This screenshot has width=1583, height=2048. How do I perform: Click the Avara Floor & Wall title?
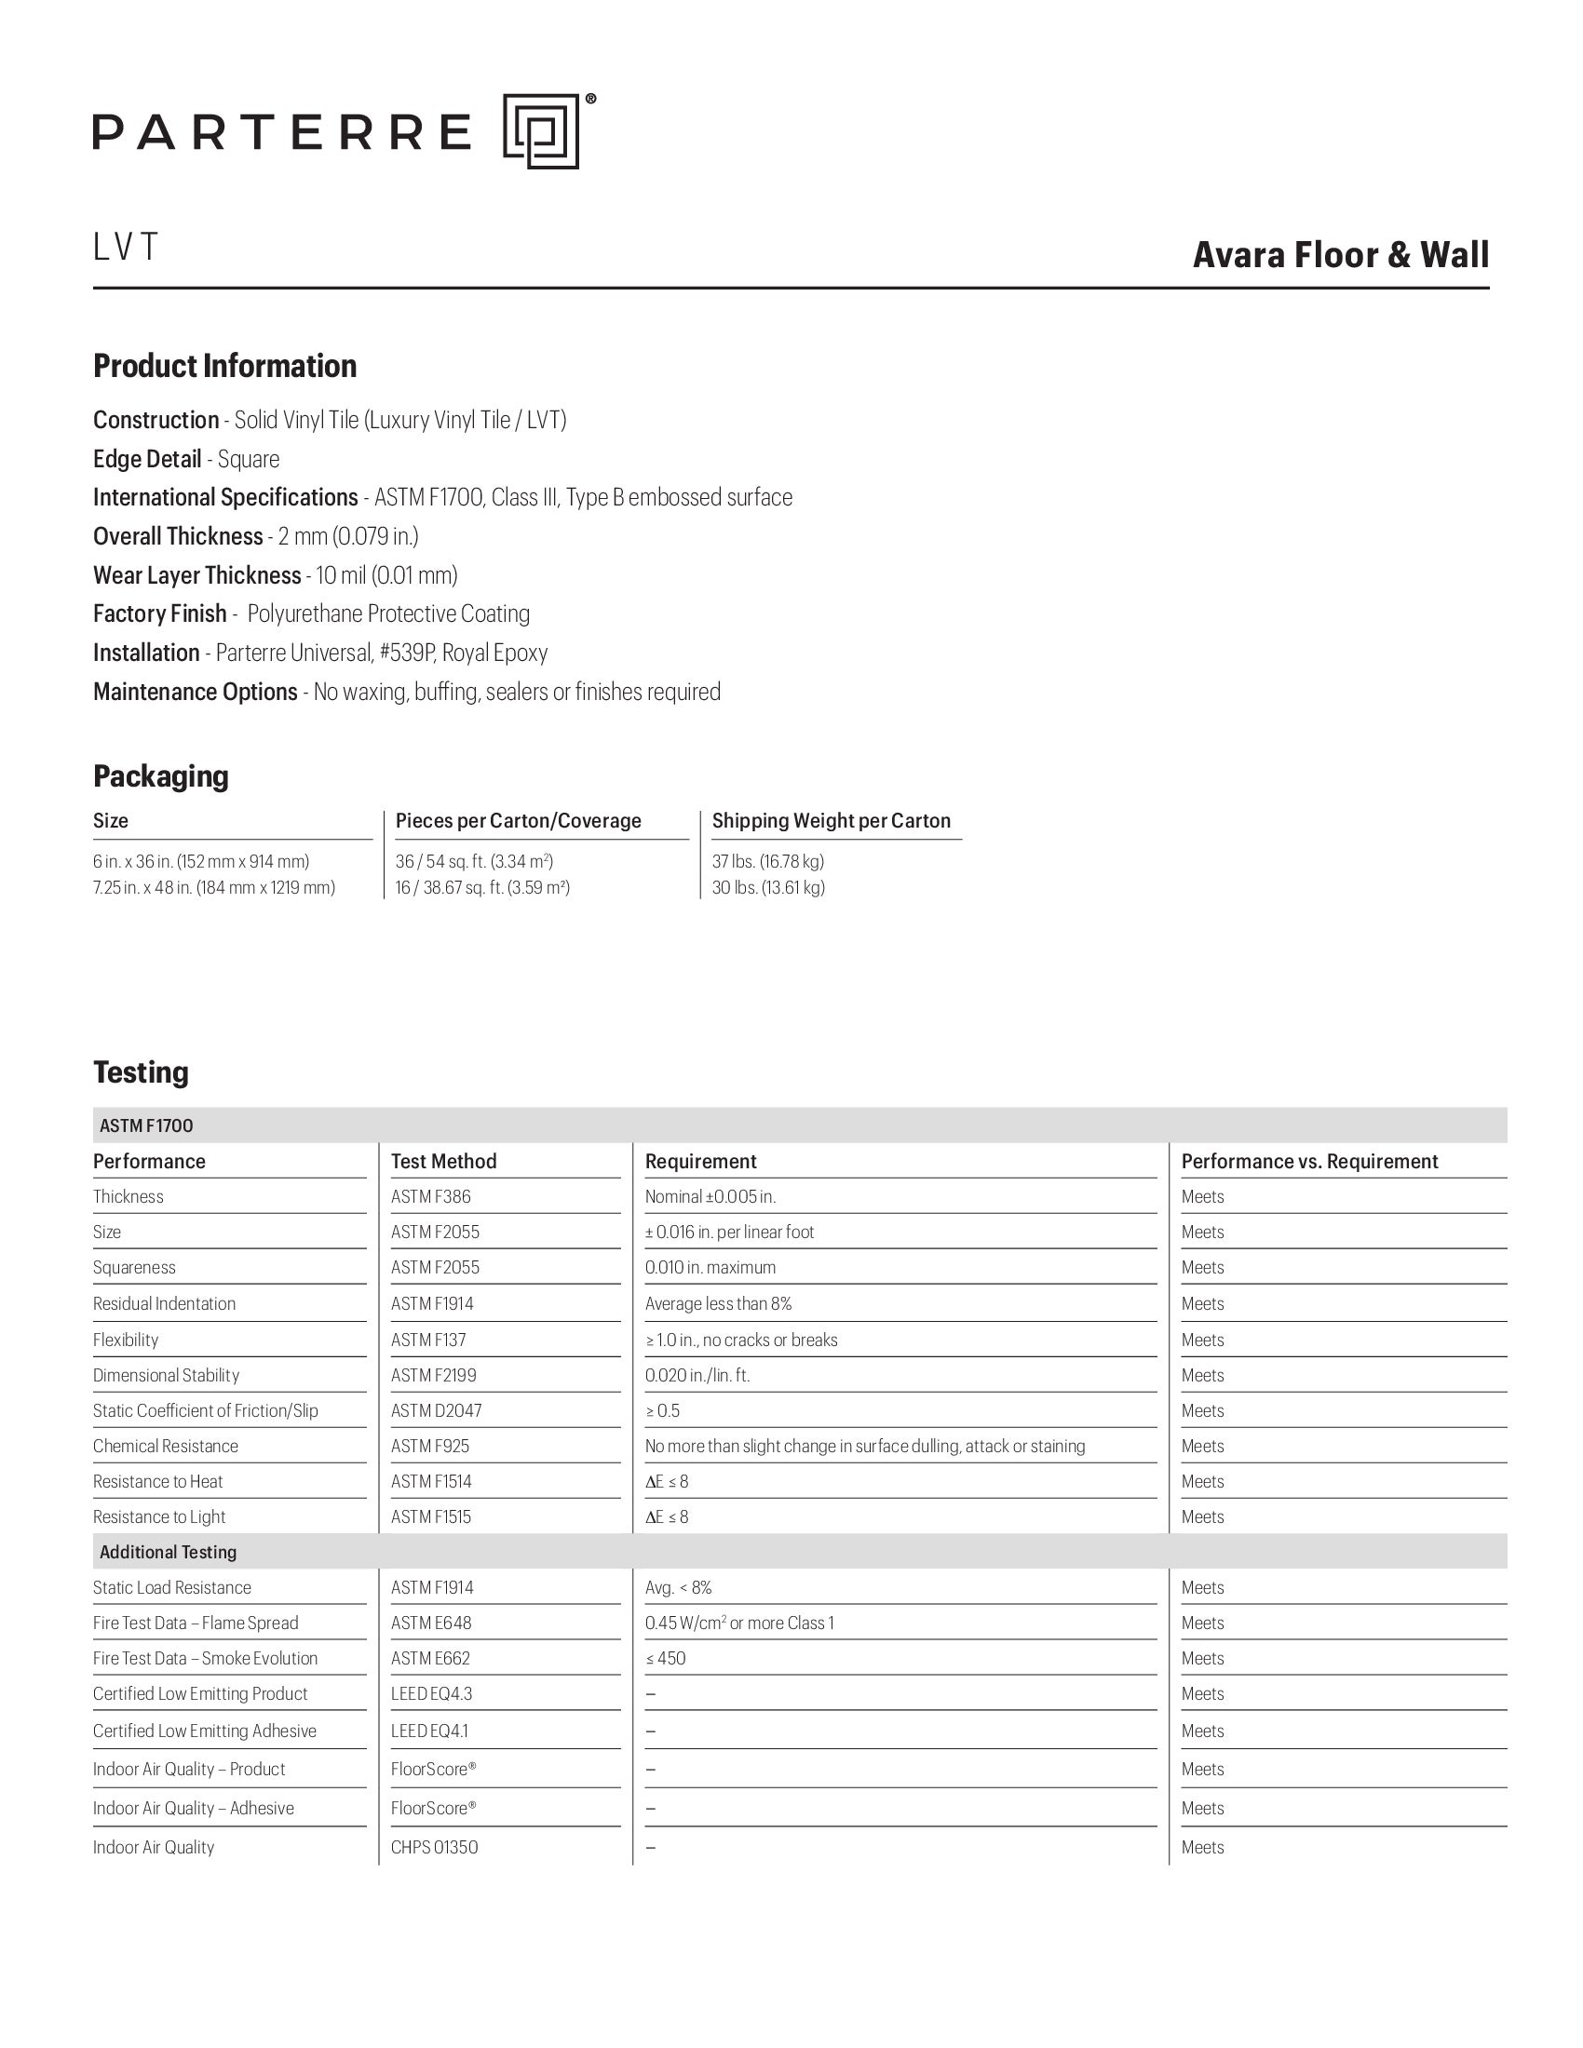click(x=1340, y=255)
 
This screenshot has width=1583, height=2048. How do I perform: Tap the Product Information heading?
click(x=225, y=366)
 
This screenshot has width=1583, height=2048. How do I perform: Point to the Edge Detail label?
click(x=147, y=460)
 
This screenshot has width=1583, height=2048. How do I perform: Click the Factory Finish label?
click(x=160, y=614)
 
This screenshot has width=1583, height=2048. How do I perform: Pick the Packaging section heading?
click(x=160, y=776)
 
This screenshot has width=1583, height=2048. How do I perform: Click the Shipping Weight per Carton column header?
click(x=831, y=821)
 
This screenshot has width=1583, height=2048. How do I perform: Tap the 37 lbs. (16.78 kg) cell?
click(x=768, y=862)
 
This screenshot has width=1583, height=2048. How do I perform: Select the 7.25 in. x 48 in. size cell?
click(x=214, y=888)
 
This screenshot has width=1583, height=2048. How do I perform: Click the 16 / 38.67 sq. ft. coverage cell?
click(x=483, y=888)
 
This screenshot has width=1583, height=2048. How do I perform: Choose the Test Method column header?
click(x=443, y=1162)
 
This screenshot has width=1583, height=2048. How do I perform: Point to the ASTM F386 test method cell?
click(x=431, y=1197)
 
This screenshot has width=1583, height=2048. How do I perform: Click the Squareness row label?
click(x=134, y=1268)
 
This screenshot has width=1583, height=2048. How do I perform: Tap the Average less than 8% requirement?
click(x=718, y=1304)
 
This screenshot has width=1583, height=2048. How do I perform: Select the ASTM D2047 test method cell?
click(x=436, y=1411)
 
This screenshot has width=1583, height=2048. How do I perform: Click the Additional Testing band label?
click(x=168, y=1553)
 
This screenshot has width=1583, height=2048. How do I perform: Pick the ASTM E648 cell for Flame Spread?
click(x=431, y=1624)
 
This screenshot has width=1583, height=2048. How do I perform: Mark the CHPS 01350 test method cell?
click(x=434, y=1848)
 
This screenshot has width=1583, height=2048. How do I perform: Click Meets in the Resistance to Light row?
click(x=1202, y=1517)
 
